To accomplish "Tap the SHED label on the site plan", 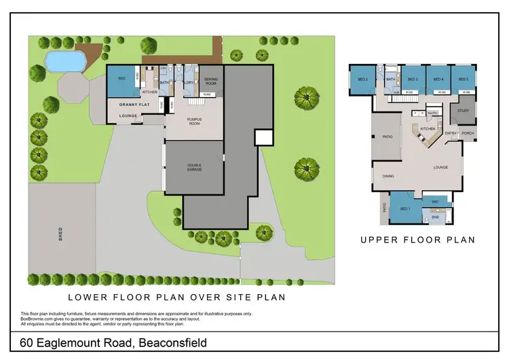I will [60, 234].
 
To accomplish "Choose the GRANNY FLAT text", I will [134, 105].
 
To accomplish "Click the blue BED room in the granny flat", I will [122, 79].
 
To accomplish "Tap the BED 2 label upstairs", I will [362, 79].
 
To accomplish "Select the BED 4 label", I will [438, 79].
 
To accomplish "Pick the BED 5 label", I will [464, 79].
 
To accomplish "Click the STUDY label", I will [464, 110].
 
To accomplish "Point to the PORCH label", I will [468, 133].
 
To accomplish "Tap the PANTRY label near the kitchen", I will [432, 113].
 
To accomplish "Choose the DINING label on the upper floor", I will [388, 176].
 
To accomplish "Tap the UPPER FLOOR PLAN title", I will [417, 239].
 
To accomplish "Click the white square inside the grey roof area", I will [263, 138].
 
